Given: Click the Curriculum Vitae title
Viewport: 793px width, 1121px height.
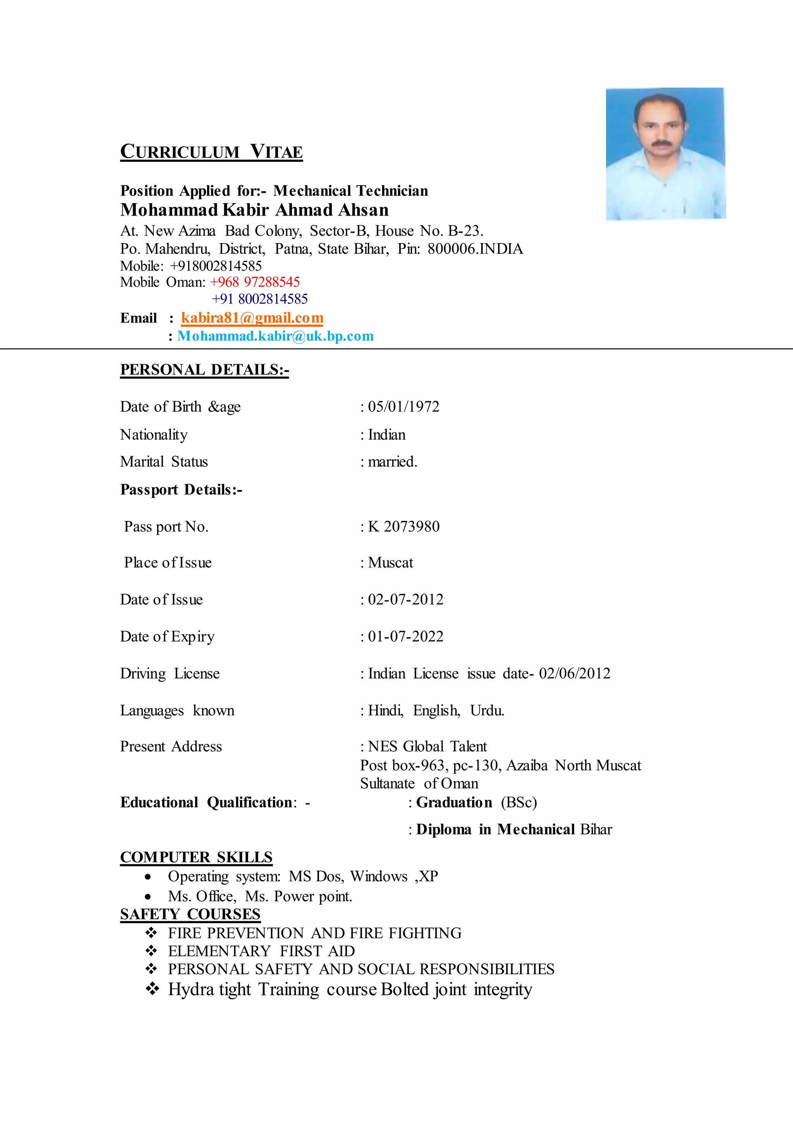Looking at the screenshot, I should [211, 151].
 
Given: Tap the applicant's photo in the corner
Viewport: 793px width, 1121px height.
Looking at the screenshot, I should [665, 154].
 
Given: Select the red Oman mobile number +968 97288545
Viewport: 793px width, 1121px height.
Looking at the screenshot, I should [255, 282].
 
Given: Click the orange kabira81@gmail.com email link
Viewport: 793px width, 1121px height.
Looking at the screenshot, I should [252, 318].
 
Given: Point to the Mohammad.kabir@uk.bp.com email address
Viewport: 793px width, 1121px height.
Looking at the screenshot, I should [275, 336].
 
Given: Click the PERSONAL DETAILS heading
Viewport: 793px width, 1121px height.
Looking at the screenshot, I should [204, 370].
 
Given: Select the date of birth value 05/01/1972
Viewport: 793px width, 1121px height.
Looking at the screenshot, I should [403, 407].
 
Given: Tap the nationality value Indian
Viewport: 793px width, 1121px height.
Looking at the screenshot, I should [386, 435].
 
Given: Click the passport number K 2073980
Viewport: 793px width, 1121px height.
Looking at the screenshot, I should [403, 526].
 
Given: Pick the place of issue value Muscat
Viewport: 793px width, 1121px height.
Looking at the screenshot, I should [390, 562].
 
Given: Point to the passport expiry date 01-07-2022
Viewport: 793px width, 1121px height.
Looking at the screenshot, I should [405, 636].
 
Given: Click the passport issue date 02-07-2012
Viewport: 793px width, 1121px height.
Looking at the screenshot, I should [405, 599].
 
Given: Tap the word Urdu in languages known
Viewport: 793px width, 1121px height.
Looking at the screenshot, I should [486, 710].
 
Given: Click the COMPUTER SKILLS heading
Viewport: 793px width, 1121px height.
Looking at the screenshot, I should [196, 857].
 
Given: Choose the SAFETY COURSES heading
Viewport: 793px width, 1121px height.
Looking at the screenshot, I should [191, 914].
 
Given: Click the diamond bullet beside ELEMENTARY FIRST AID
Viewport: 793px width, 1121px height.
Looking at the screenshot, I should [151, 951].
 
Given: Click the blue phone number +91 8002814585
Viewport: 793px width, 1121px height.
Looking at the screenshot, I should [260, 299].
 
